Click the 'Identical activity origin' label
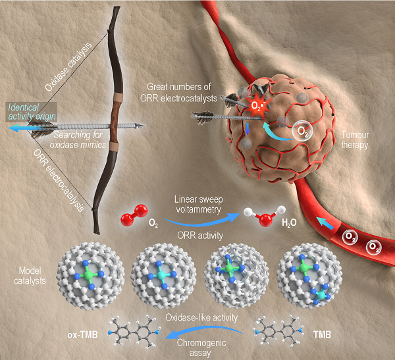32,112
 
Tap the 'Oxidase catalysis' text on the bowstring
68,66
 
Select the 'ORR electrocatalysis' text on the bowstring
58,180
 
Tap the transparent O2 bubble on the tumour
302,131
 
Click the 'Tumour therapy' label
355,140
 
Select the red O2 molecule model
134,215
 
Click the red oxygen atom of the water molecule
266,220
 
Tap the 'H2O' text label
289,222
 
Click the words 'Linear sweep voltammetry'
199,204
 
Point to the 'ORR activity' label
200,236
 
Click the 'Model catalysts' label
30,276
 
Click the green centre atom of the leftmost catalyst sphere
88,275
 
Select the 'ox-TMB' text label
83,335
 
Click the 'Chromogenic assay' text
201,348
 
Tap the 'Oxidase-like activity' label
201,317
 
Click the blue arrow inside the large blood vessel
325,223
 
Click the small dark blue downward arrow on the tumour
248,129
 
